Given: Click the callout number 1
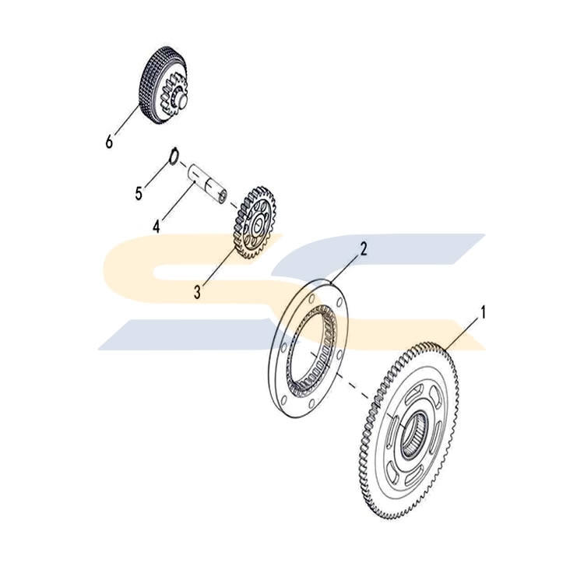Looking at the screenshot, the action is (x=483, y=313).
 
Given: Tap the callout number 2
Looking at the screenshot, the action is (x=363, y=249).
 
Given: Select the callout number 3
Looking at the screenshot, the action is (x=198, y=292).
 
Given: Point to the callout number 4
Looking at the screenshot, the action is (x=157, y=226).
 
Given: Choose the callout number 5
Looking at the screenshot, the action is (x=139, y=194).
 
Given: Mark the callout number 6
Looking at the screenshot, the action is (x=109, y=142).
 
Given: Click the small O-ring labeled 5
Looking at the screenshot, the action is (x=174, y=157).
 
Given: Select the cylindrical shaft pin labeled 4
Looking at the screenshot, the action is (x=207, y=184).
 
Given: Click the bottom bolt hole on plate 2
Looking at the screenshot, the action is (x=311, y=403).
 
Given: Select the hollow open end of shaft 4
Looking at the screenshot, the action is (x=223, y=197).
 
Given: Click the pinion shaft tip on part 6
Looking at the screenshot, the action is (x=183, y=100).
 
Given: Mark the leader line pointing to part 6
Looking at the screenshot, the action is (x=127, y=120).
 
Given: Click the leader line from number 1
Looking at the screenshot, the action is (x=460, y=335).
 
